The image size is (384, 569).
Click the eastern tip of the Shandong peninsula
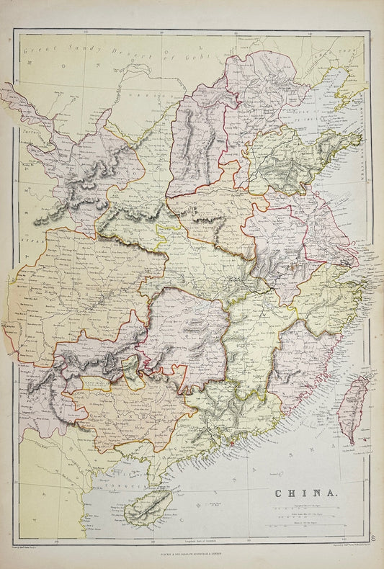click(x=358, y=135)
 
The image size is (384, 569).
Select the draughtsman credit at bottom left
click(x=29, y=548)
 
